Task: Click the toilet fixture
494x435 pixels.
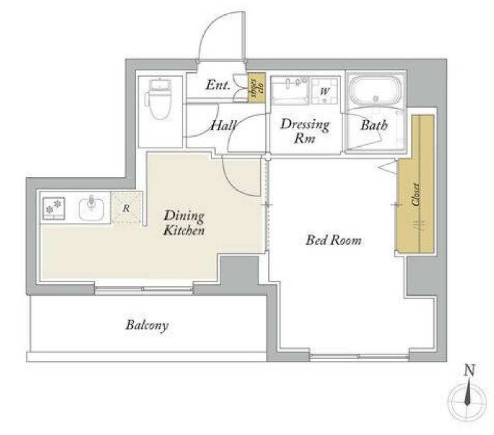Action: (x=160, y=99)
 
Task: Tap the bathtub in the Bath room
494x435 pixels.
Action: (x=376, y=91)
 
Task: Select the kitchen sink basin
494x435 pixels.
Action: (x=92, y=208)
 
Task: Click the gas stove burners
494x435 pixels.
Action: (x=54, y=208)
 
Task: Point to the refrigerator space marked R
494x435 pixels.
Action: (x=126, y=208)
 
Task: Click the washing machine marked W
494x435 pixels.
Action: (x=324, y=92)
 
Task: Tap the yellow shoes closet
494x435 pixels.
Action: (x=257, y=87)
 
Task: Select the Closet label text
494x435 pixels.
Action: (x=416, y=195)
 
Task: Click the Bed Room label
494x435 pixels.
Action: (x=333, y=240)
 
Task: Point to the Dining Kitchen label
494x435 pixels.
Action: (x=184, y=223)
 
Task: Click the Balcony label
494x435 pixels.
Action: (x=147, y=325)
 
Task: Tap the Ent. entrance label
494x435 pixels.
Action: (x=218, y=85)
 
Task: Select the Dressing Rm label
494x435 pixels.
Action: (x=304, y=131)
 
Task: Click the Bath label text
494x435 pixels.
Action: (x=374, y=125)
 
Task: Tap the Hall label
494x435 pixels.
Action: (x=223, y=126)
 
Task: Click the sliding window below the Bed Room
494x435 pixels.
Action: (x=359, y=356)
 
